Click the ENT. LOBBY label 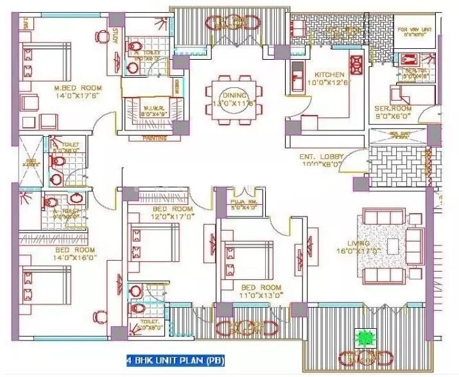click(x=322, y=157)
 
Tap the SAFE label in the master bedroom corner click(x=26, y=24)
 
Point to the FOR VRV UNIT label click(x=414, y=30)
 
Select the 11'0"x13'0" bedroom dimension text click(x=261, y=295)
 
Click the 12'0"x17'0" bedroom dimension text click(x=173, y=217)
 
